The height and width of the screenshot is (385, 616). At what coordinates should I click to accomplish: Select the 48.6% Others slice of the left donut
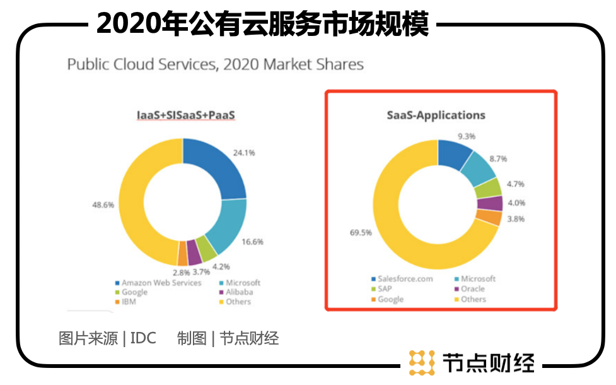point(136,202)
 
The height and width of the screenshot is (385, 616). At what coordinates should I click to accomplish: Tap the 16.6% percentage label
point(253,241)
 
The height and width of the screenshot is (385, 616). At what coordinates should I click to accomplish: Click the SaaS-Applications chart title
point(436,115)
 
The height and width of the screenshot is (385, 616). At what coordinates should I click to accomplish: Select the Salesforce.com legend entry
point(403,279)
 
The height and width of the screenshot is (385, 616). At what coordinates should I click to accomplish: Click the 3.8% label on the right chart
point(515,219)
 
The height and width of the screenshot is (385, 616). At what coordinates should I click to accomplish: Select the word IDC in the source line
point(143,338)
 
